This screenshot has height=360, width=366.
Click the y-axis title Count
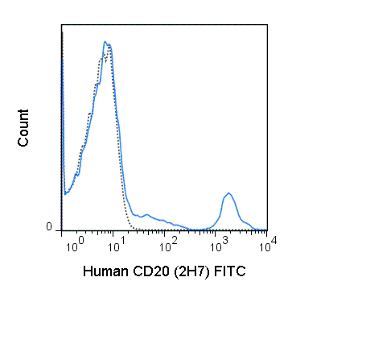pos(24,127)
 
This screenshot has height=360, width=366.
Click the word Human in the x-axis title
pos(105,273)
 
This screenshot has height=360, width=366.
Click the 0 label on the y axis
pos(50,227)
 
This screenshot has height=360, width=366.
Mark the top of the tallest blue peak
pos(105,42)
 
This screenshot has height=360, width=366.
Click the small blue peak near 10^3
pos(229,193)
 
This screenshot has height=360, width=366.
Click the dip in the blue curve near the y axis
pos(66,194)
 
